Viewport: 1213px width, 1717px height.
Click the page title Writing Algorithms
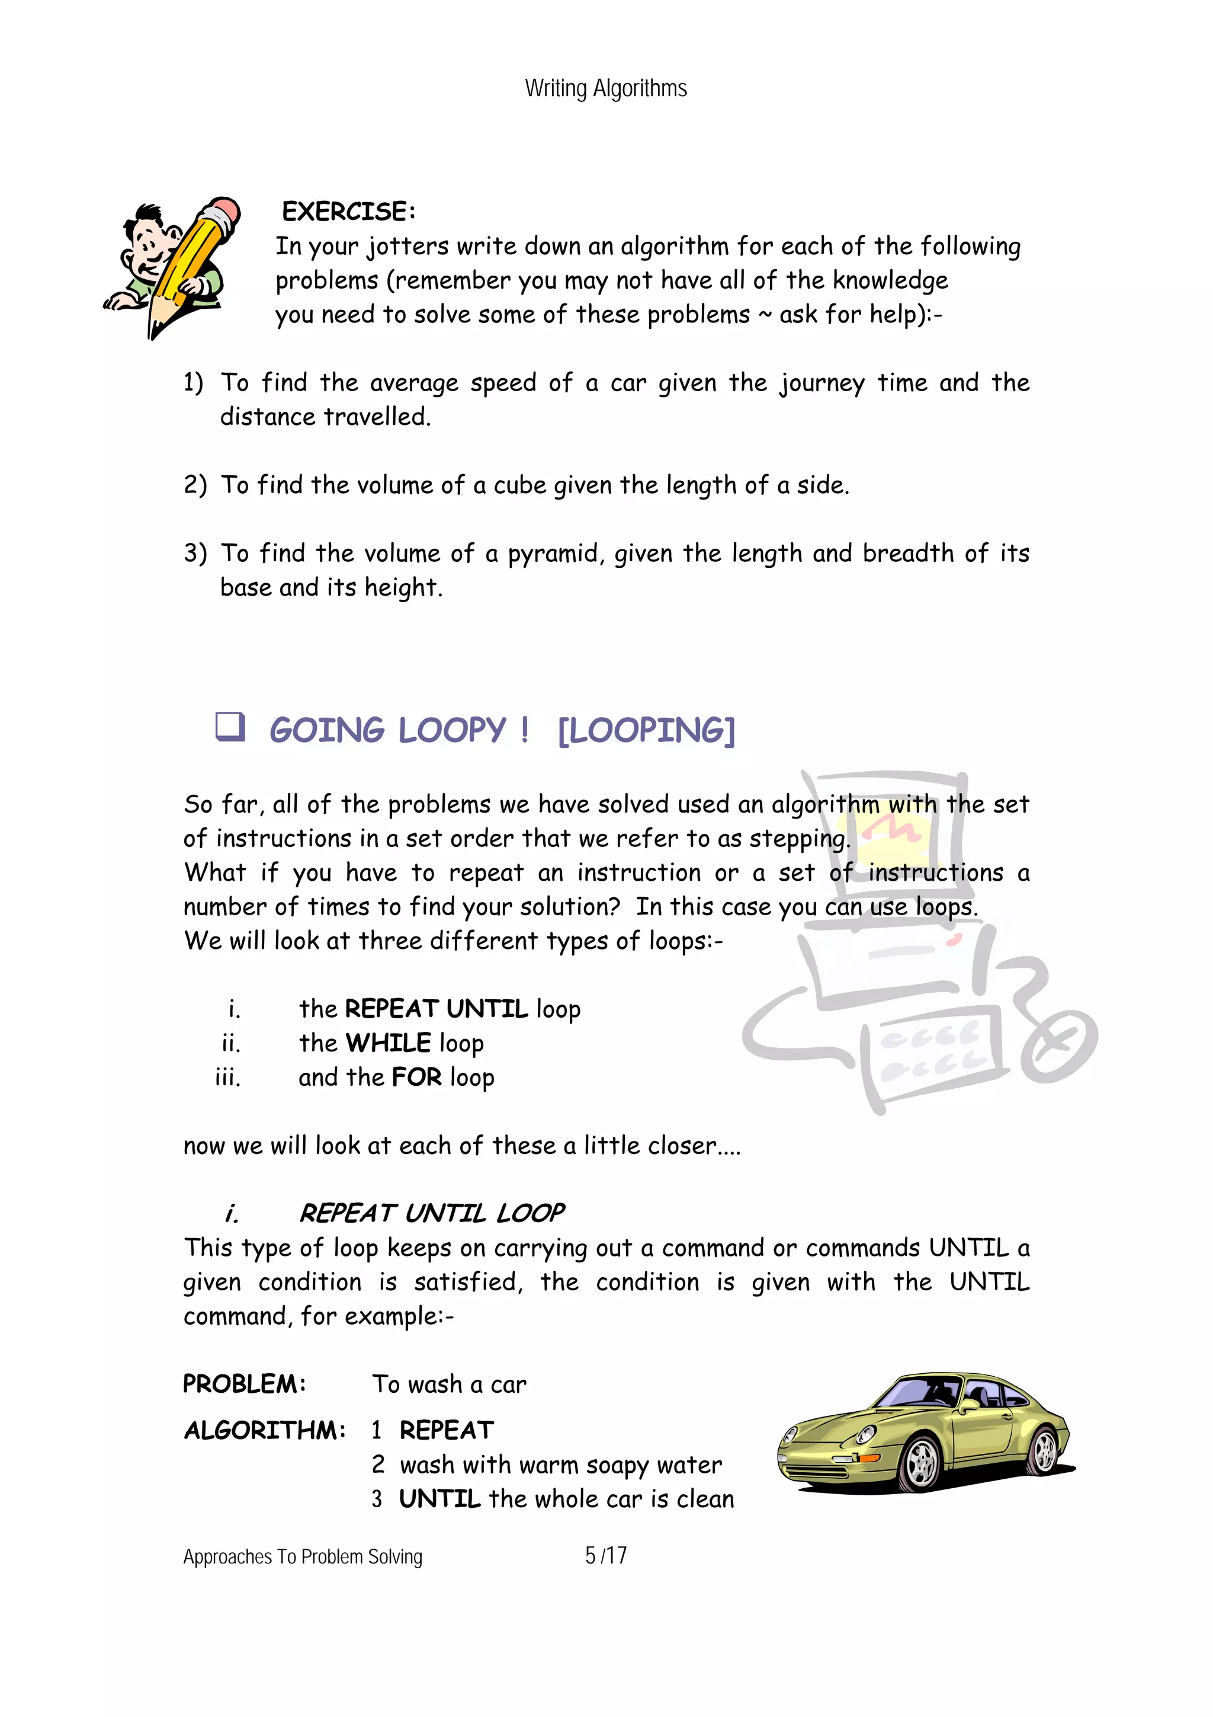tap(605, 88)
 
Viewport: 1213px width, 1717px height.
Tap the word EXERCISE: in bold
tap(348, 212)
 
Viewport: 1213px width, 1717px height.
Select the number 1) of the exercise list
tap(193, 383)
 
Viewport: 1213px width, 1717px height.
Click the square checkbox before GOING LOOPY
tap(230, 726)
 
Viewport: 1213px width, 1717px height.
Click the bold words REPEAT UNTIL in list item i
tap(437, 1009)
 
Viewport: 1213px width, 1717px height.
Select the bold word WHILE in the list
tap(388, 1043)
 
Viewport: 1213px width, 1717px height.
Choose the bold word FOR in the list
tap(416, 1077)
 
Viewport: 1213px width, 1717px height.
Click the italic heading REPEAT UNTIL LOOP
tap(431, 1213)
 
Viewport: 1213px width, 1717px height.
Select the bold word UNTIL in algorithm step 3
tap(439, 1499)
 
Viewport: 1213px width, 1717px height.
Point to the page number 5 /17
tap(605, 1555)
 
